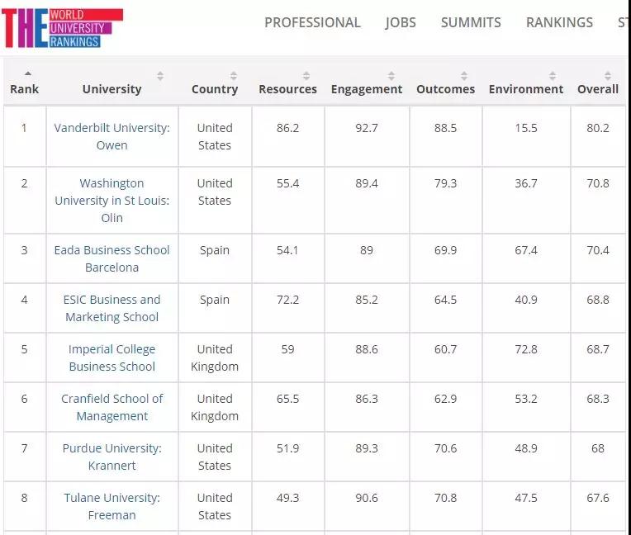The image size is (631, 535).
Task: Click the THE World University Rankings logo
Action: [x=62, y=27]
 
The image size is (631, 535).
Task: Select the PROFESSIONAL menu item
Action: [x=312, y=22]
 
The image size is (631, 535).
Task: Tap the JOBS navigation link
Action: [x=401, y=22]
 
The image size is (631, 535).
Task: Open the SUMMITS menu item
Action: [x=471, y=22]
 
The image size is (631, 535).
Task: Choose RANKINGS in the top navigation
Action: [x=559, y=22]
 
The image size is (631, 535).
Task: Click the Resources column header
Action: [x=287, y=89]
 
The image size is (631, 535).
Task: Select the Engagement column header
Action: [x=367, y=89]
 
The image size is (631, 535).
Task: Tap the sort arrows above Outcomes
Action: [x=464, y=76]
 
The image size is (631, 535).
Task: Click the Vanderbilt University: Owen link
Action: [x=112, y=136]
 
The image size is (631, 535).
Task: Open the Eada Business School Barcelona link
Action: [x=112, y=258]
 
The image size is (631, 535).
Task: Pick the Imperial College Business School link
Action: [x=112, y=357]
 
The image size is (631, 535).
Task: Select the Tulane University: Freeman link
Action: [x=112, y=506]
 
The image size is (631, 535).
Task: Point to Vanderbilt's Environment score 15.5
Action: [x=526, y=128]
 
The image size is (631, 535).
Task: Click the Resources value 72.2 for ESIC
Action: [x=287, y=300]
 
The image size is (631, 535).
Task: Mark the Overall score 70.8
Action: [x=598, y=183]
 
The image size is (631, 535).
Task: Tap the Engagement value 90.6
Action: [x=367, y=498]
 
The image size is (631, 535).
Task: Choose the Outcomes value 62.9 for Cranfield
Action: [x=445, y=399]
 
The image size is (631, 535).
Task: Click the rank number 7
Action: [x=24, y=448]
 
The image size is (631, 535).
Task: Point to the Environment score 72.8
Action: [x=526, y=349]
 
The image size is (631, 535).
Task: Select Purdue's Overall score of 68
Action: [x=598, y=448]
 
